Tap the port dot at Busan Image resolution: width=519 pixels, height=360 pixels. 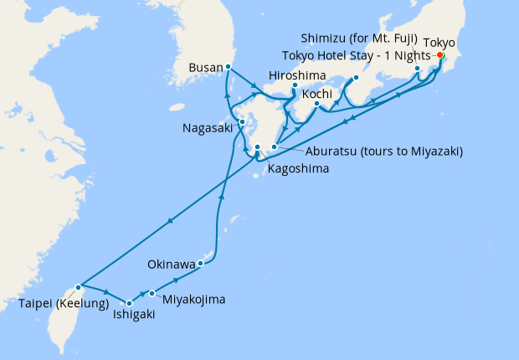[x=229, y=67]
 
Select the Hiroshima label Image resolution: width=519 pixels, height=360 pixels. [x=296, y=75]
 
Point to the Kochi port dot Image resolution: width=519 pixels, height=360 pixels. [x=316, y=105]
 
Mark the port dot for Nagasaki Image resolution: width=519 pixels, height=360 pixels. [x=242, y=122]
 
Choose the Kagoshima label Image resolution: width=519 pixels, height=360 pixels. [x=298, y=168]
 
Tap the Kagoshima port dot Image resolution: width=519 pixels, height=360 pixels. [x=258, y=147]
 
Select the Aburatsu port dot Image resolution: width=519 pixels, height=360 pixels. [x=274, y=147]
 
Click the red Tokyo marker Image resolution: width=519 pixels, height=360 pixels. [x=440, y=55]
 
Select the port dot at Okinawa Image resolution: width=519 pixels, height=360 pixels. [x=201, y=264]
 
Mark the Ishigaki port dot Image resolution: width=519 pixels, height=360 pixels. [x=129, y=303]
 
